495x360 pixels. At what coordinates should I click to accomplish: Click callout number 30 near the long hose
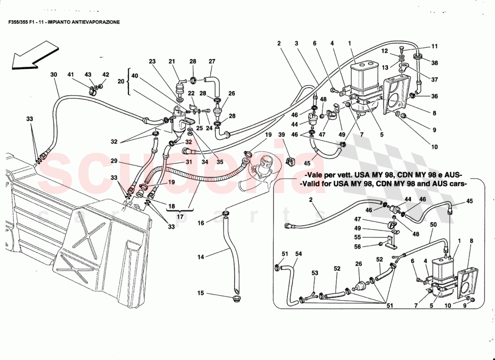click(x=54, y=75)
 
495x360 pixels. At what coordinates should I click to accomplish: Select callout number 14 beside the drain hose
click(x=201, y=257)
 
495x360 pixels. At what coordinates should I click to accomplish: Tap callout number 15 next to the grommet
click(x=201, y=293)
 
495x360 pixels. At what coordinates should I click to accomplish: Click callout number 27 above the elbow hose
click(x=212, y=61)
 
